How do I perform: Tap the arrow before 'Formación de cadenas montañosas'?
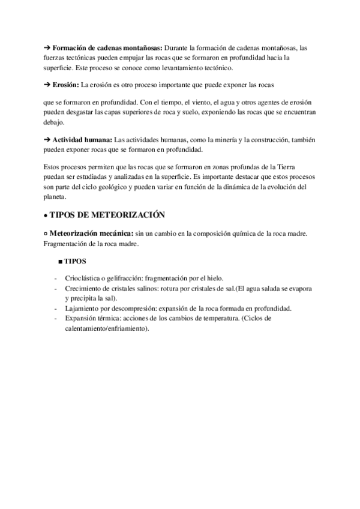point(48,47)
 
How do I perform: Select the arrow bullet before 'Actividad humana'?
point(48,140)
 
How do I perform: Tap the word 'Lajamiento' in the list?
point(82,309)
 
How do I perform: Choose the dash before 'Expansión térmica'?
point(55,319)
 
